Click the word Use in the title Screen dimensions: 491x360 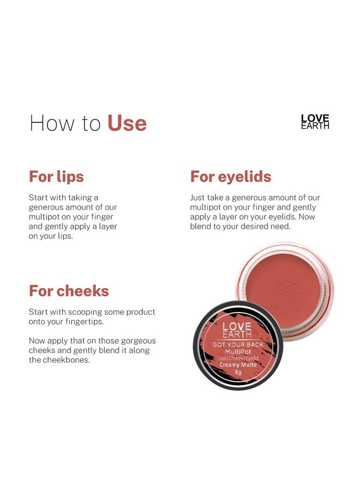click(x=127, y=123)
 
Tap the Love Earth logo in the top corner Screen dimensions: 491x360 click(x=315, y=122)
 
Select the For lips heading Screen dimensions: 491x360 click(x=56, y=177)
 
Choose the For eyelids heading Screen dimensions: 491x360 click(x=231, y=177)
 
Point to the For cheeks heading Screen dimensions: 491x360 click(x=69, y=291)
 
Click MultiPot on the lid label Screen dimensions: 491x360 click(x=237, y=352)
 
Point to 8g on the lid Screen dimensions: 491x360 click(x=238, y=373)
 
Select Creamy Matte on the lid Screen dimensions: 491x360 click(x=238, y=366)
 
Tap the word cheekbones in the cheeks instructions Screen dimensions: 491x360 click(x=65, y=360)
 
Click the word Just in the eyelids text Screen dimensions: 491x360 click(x=199, y=197)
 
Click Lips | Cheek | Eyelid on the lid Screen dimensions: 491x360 click(x=238, y=358)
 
